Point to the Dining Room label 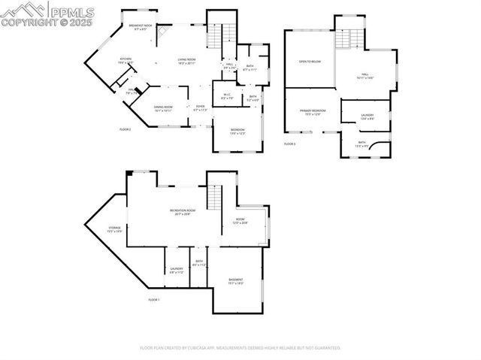[x=164, y=108]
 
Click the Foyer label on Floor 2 [x=200, y=108]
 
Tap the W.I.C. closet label [x=227, y=95]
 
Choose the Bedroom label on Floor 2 [x=237, y=132]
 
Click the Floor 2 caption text [x=126, y=129]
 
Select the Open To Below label [x=310, y=62]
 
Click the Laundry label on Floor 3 [x=367, y=116]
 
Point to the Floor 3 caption [x=289, y=143]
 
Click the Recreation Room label [x=182, y=212]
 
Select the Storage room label [x=114, y=229]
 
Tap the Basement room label [x=236, y=281]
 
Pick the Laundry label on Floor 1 [x=177, y=270]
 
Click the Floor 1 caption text [x=154, y=300]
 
